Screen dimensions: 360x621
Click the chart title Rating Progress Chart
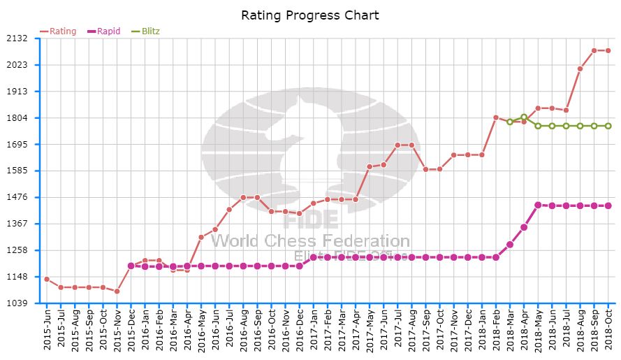pyautogui.click(x=310, y=15)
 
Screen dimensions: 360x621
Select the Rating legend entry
pyautogui.click(x=59, y=31)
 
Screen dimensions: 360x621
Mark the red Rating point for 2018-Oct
pyautogui.click(x=608, y=50)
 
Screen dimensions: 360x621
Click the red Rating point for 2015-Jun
pyautogui.click(x=47, y=279)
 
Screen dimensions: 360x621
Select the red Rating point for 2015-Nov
pyautogui.click(x=117, y=291)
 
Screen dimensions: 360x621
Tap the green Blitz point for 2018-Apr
pyautogui.click(x=524, y=117)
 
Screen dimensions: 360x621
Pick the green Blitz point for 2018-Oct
pyautogui.click(x=608, y=126)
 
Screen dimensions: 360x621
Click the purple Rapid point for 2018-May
pyautogui.click(x=538, y=205)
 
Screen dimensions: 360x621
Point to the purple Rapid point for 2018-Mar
pyautogui.click(x=510, y=244)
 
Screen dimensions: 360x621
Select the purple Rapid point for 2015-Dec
pyautogui.click(x=131, y=266)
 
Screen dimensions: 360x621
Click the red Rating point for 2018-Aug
pyautogui.click(x=580, y=69)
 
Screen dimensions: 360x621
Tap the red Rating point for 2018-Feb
pyautogui.click(x=496, y=117)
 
